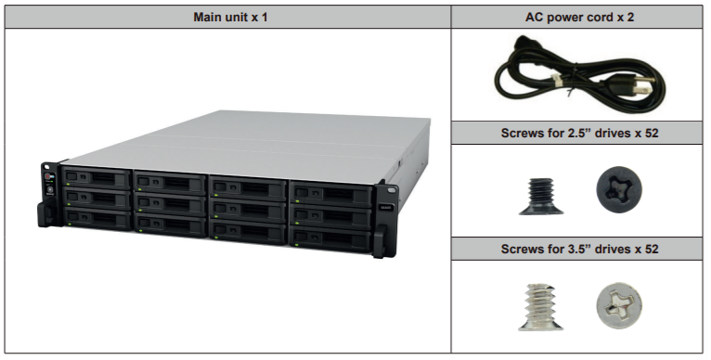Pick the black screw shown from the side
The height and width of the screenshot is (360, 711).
(534, 193)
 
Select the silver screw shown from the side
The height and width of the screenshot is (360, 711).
(533, 306)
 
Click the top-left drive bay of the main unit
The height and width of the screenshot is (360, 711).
(99, 176)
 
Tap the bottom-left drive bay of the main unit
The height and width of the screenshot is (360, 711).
(99, 218)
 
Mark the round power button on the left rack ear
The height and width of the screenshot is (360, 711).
(50, 177)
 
